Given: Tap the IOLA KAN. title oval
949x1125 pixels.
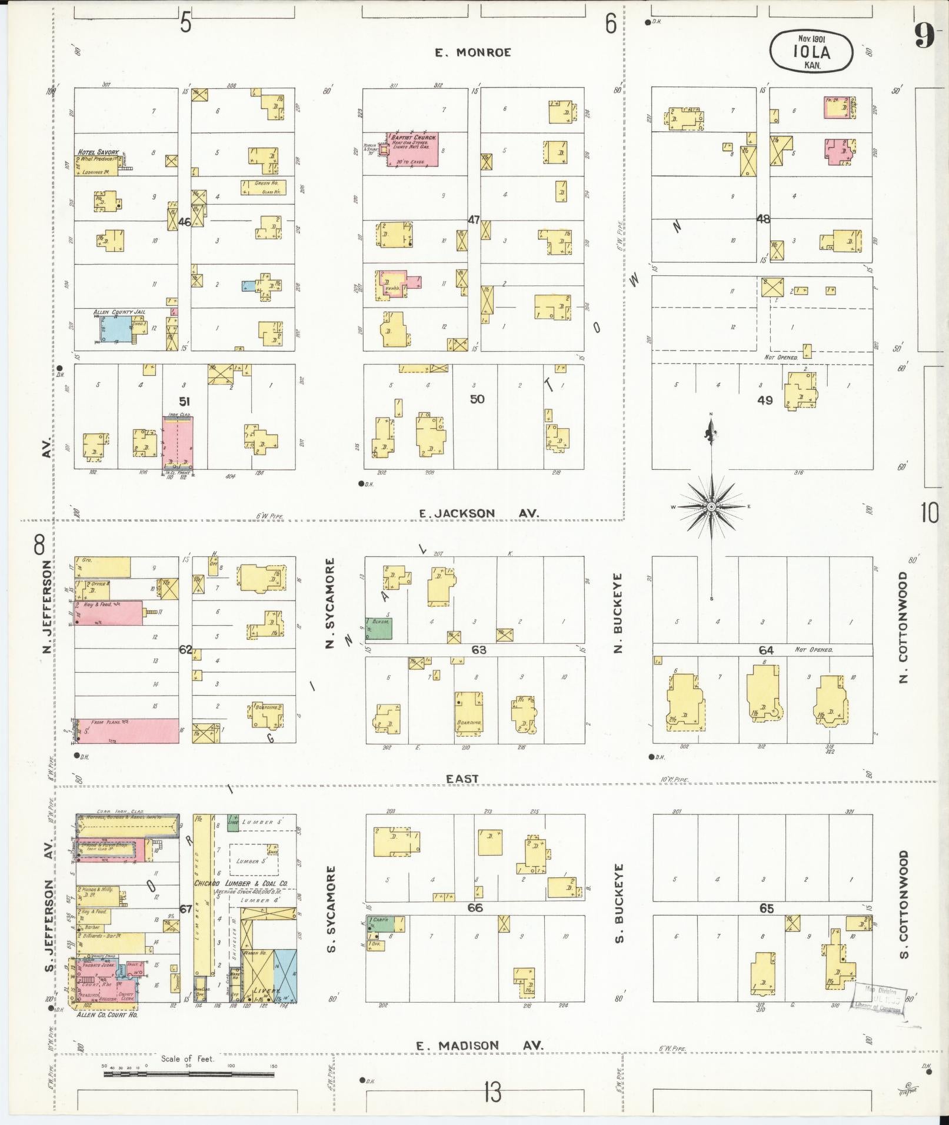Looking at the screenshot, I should point(811,52).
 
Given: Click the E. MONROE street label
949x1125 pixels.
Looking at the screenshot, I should point(472,52).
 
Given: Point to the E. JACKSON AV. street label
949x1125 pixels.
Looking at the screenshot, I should point(478,513).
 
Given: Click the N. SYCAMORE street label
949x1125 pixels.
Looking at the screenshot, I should point(331,603).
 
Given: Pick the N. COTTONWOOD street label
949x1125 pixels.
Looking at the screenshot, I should point(904,627).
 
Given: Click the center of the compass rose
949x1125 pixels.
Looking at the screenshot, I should point(711,506).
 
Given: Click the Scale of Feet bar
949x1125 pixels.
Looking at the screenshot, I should point(188,1074).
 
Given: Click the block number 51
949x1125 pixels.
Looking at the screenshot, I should point(184,402).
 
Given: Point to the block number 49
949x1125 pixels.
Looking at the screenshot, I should point(765,400).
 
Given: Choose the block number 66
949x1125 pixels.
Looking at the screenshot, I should point(475,907).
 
